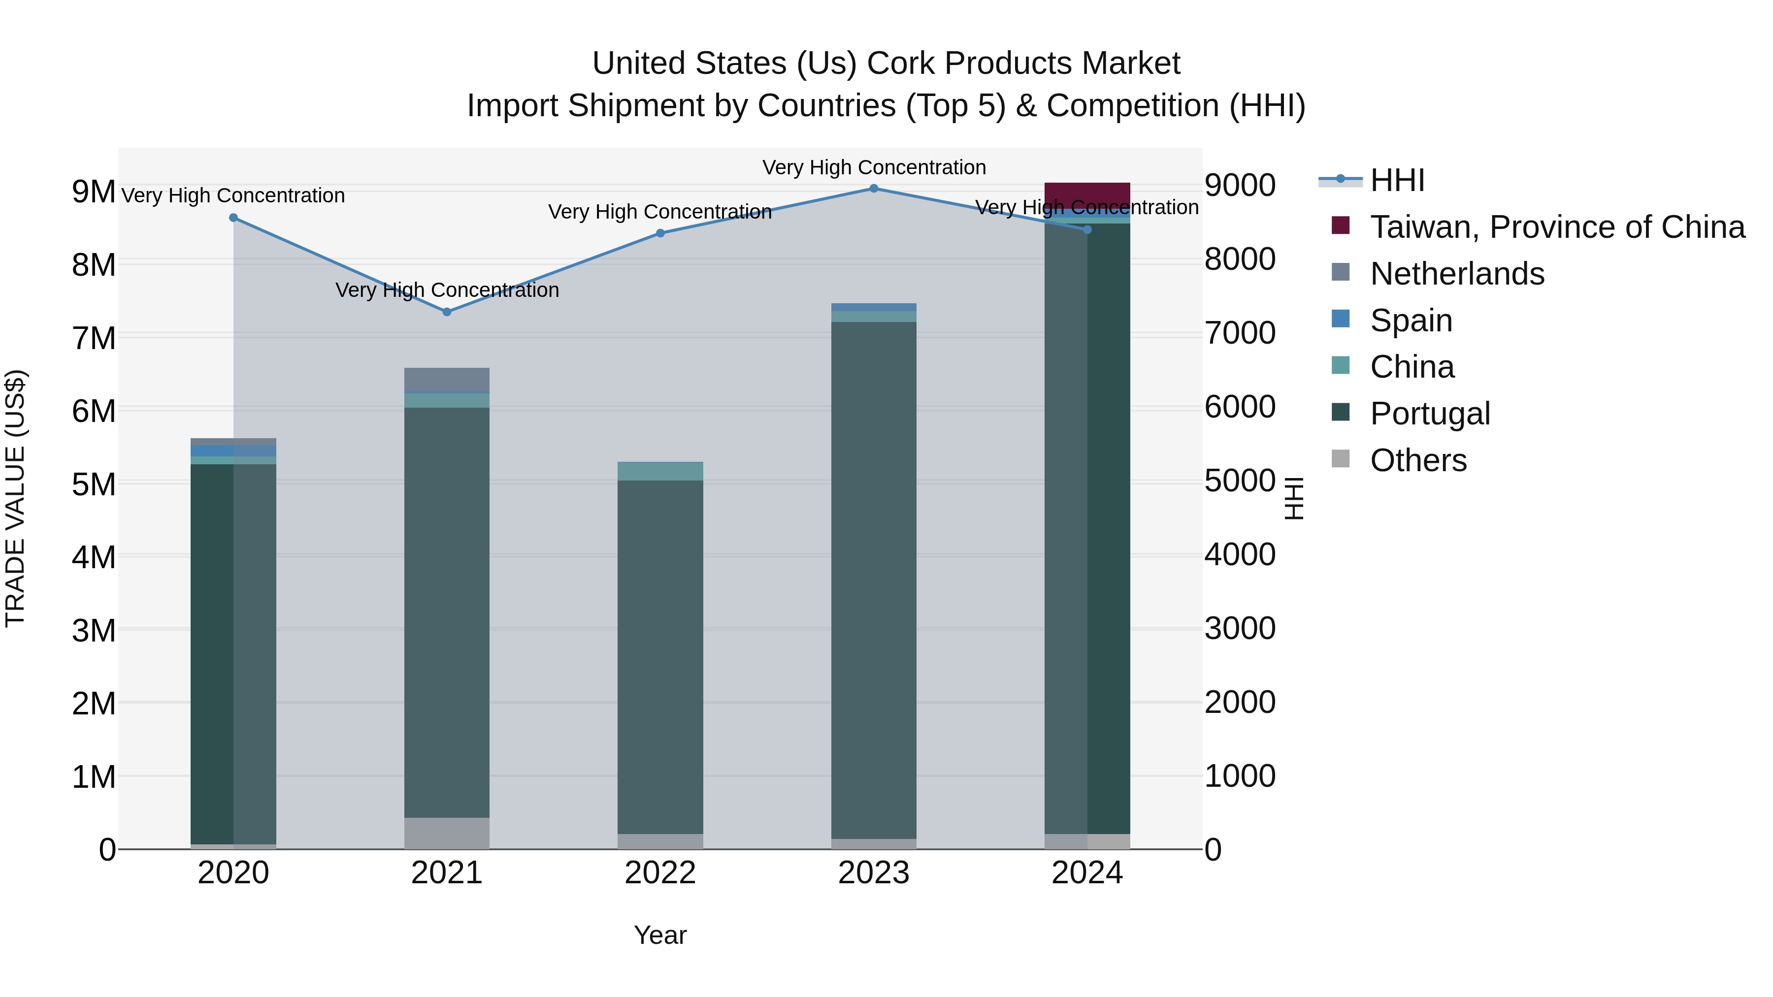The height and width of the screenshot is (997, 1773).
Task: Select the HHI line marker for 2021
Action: coord(447,312)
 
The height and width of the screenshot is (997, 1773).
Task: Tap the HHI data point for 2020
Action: coord(233,218)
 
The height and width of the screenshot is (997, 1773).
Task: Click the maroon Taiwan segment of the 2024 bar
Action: coord(1087,194)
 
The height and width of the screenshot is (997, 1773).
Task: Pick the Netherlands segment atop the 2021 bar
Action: coord(447,379)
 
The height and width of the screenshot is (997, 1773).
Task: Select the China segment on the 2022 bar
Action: coord(660,471)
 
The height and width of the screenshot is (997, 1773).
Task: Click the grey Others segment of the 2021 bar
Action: coord(447,833)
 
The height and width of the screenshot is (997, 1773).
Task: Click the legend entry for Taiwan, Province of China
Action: coord(1557,227)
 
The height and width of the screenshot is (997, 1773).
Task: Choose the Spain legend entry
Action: coord(1411,321)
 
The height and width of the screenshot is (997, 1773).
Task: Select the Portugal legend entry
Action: coord(1430,414)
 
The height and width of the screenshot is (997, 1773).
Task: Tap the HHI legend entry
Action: coord(1397,180)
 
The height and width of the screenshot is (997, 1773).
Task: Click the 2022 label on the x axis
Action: coord(660,873)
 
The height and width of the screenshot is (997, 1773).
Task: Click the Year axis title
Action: coord(660,935)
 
